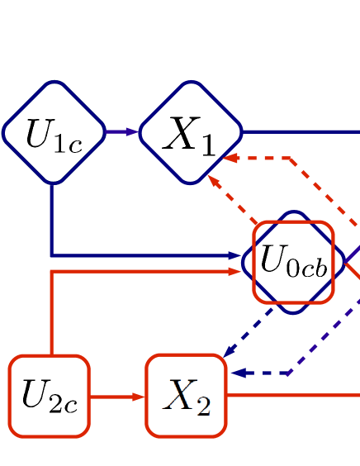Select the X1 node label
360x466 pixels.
[190, 134]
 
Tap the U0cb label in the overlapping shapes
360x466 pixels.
[294, 261]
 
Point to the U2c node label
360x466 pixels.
[50, 397]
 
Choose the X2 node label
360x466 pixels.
[187, 397]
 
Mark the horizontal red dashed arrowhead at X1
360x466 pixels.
[230, 158]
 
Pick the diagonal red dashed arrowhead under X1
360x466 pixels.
[214, 181]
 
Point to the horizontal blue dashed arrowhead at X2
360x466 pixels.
[238, 373]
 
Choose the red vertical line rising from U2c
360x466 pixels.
[51, 314]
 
